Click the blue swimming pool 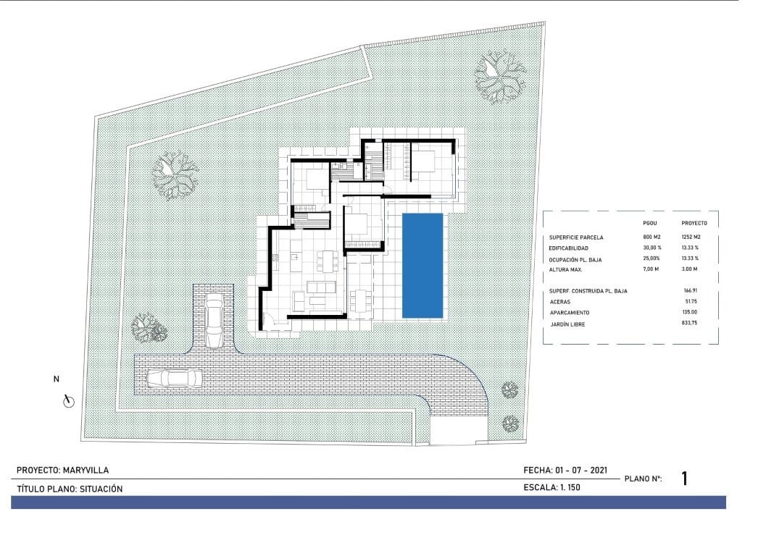(422, 265)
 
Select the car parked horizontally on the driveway (174, 379)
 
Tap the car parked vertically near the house (214, 321)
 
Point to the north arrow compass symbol (70, 400)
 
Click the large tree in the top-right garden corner (499, 75)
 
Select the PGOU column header (650, 223)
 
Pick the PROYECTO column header (694, 223)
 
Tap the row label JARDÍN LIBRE (567, 324)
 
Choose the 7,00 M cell (651, 270)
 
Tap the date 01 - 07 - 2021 (580, 471)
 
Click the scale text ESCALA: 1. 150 (551, 488)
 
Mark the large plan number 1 (685, 478)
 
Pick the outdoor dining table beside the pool (360, 299)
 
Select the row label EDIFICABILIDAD (574, 248)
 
